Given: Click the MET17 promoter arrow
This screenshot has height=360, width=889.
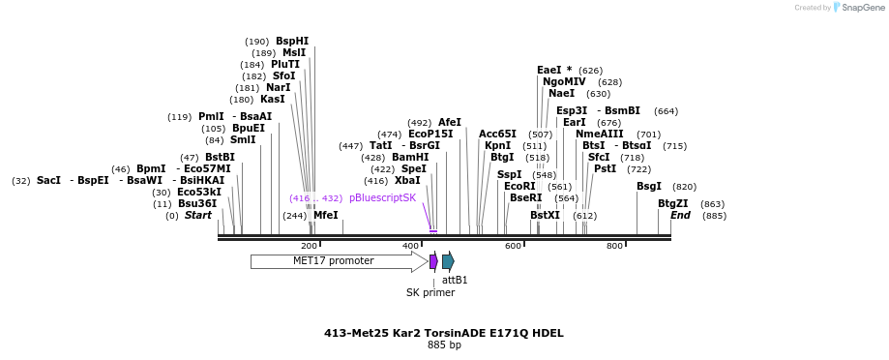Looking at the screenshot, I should (x=334, y=261).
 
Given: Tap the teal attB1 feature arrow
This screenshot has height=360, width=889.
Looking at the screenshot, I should (x=448, y=261).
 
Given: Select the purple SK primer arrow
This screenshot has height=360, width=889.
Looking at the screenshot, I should (x=433, y=261).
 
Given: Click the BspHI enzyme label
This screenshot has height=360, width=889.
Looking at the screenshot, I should (x=292, y=41).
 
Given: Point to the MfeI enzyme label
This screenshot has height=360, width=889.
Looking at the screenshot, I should (x=326, y=215).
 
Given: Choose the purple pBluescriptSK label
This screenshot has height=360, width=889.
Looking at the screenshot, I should (x=382, y=197).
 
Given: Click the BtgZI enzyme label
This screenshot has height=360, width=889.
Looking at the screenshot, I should (x=672, y=203).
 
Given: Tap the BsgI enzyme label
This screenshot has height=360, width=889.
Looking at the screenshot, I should (x=649, y=186).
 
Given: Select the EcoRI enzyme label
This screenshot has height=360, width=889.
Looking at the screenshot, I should (x=519, y=186).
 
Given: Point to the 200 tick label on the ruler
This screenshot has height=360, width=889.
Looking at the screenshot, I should (x=310, y=246).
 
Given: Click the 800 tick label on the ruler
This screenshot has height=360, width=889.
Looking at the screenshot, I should (x=614, y=246).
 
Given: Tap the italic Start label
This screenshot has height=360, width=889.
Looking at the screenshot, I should (x=197, y=215).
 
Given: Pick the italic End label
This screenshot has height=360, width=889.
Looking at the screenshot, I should (x=680, y=215).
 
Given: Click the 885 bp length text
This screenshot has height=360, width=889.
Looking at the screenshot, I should (x=444, y=345).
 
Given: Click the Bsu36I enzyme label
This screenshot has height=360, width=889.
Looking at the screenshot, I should (x=197, y=203).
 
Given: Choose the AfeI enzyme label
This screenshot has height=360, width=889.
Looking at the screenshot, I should (x=450, y=122).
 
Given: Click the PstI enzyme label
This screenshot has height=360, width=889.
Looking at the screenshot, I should (x=605, y=168).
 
